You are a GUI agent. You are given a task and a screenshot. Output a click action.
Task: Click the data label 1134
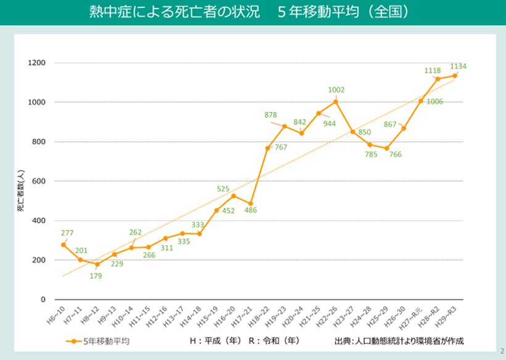[x=458, y=66]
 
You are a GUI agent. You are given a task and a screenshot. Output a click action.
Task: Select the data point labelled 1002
[x=336, y=101]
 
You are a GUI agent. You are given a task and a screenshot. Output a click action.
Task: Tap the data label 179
[x=95, y=275]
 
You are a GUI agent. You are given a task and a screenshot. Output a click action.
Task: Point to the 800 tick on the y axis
[x=39, y=141]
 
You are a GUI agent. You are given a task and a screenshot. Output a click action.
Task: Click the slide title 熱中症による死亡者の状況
[x=158, y=12]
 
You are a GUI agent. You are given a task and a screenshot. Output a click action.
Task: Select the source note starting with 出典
[x=399, y=340]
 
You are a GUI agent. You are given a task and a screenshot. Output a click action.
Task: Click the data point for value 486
[x=251, y=204]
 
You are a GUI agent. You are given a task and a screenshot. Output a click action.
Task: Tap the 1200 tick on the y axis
[x=37, y=62]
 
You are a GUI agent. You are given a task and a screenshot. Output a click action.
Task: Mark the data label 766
[x=396, y=154]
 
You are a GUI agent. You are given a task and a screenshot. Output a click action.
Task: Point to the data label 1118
[x=433, y=71]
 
